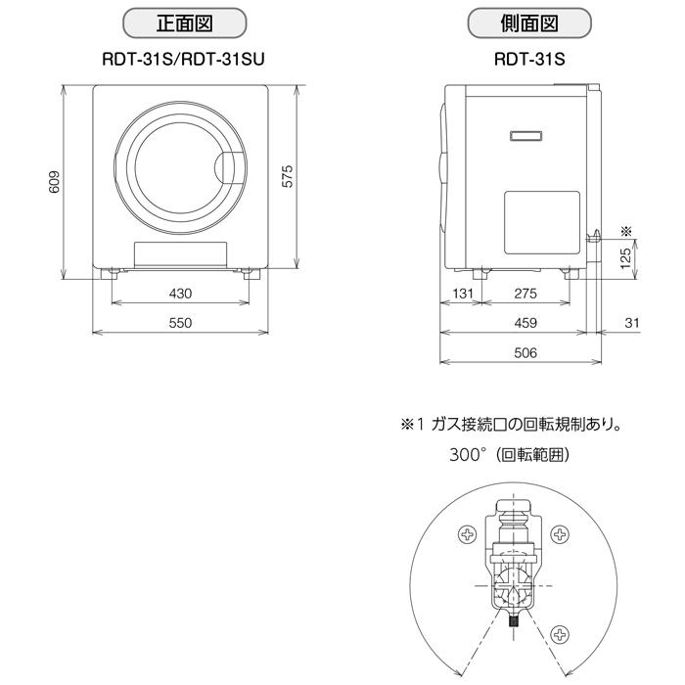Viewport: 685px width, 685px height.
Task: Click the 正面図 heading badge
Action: click(184, 22)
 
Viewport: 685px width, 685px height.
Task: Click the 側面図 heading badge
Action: click(529, 22)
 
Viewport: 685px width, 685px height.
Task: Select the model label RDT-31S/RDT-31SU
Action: click(184, 59)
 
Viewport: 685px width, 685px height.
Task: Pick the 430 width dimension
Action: click(180, 294)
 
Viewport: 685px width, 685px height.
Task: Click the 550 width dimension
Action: click(180, 323)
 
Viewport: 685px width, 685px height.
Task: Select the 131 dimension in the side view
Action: click(463, 294)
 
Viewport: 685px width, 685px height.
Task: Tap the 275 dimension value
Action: click(525, 294)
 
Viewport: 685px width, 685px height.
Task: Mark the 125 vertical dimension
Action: click(623, 257)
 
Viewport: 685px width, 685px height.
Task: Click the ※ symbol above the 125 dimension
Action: click(626, 231)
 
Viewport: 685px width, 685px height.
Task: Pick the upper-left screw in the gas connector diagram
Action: click(468, 534)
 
